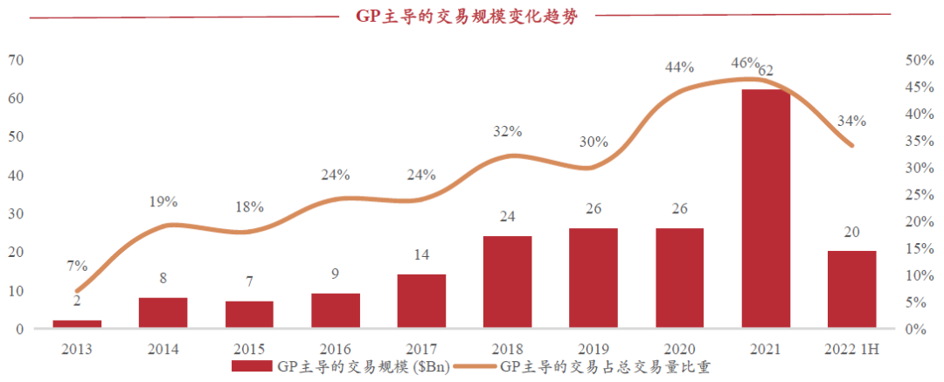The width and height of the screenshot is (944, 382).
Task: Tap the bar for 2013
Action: tap(77, 324)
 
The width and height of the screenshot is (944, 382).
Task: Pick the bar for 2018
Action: tap(507, 281)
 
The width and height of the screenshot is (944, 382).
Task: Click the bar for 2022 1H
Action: tap(851, 289)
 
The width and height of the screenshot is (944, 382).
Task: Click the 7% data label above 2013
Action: tap(77, 265)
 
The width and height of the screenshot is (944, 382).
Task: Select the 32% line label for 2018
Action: tap(507, 132)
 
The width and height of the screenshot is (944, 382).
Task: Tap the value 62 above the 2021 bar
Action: tap(767, 70)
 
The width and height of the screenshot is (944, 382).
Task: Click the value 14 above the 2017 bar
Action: tap(421, 256)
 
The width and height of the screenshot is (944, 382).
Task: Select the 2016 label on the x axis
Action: tap(335, 349)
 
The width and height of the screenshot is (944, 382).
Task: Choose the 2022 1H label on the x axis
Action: tap(851, 349)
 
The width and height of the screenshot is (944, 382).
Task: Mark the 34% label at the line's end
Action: tap(851, 121)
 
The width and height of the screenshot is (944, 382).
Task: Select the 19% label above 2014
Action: tap(163, 202)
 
